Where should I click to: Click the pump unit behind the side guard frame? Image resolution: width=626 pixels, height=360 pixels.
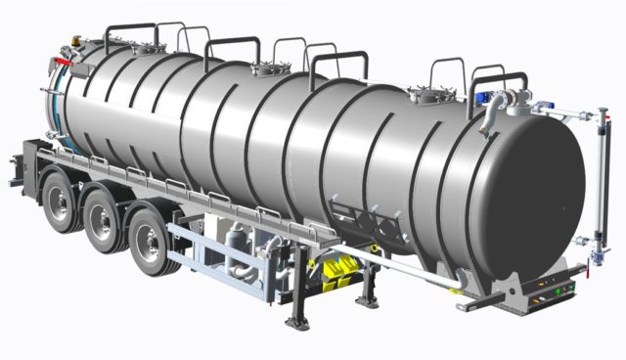pyautogui.click(x=239, y=255)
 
